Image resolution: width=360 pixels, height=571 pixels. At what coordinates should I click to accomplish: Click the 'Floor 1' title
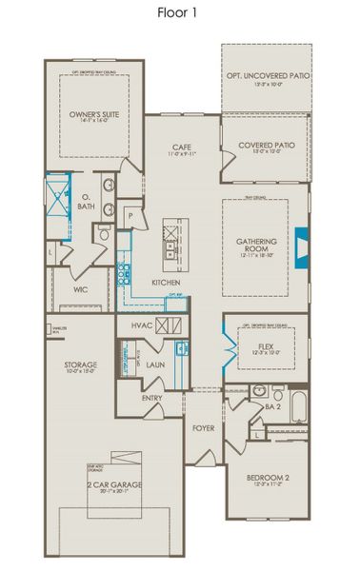click(x=179, y=13)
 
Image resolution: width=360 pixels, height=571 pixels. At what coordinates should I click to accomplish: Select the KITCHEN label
click(x=167, y=283)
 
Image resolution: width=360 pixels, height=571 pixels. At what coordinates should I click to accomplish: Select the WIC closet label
click(x=81, y=288)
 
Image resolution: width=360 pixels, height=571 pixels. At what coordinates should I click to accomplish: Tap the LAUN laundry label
click(x=155, y=364)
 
